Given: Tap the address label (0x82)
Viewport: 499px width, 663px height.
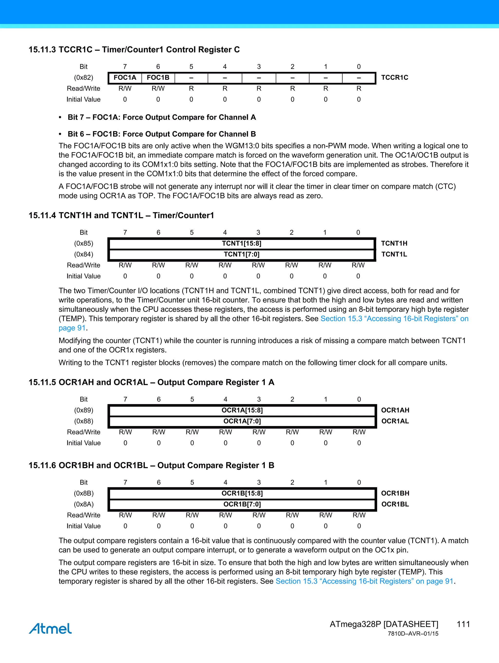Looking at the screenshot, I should click(84, 78).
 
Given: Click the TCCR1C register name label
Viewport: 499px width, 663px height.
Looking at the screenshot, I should click(394, 78).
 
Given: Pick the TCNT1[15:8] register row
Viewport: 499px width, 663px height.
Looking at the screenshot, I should click(241, 243).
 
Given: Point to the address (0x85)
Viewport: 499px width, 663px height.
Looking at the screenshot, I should click(84, 243).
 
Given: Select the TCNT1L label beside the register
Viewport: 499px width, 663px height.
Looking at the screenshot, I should click(394, 254).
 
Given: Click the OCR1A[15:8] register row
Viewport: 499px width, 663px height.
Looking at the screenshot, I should click(242, 410).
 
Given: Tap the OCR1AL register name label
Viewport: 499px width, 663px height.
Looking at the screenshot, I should click(395, 421).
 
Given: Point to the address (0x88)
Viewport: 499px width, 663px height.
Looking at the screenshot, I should click(84, 421).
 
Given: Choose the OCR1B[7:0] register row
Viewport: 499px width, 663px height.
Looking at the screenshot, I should click(242, 504).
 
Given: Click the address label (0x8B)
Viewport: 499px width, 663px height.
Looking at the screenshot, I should click(84, 493).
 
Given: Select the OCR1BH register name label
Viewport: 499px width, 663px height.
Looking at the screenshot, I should click(395, 493).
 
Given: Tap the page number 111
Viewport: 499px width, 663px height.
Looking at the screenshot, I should click(463, 624).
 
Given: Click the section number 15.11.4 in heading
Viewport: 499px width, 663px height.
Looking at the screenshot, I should click(42, 216).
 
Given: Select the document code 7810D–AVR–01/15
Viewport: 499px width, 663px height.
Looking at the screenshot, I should click(413, 634).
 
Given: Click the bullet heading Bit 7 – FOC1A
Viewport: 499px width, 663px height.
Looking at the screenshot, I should click(162, 117).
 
